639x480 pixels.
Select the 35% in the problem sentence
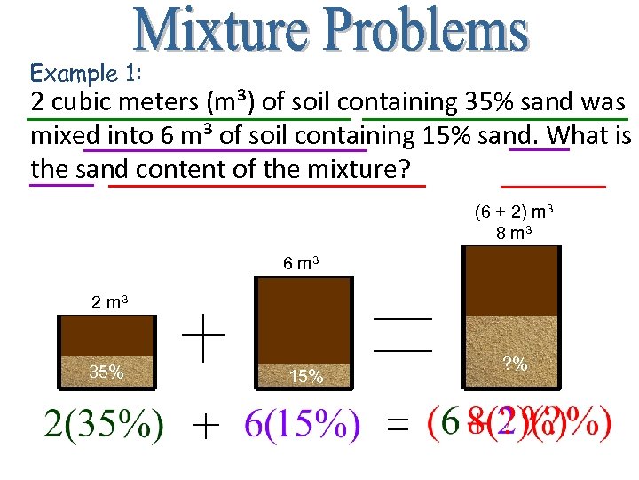486,102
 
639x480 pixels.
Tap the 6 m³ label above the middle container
302,263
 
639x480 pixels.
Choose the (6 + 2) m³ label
515,212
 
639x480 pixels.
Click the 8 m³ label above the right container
515,233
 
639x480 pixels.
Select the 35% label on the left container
106,372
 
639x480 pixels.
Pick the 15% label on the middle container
305,377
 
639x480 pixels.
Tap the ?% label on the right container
515,364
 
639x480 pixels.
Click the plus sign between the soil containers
203,340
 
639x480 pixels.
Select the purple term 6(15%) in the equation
302,425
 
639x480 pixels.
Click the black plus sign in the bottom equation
205,428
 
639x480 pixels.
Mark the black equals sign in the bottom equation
398,428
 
